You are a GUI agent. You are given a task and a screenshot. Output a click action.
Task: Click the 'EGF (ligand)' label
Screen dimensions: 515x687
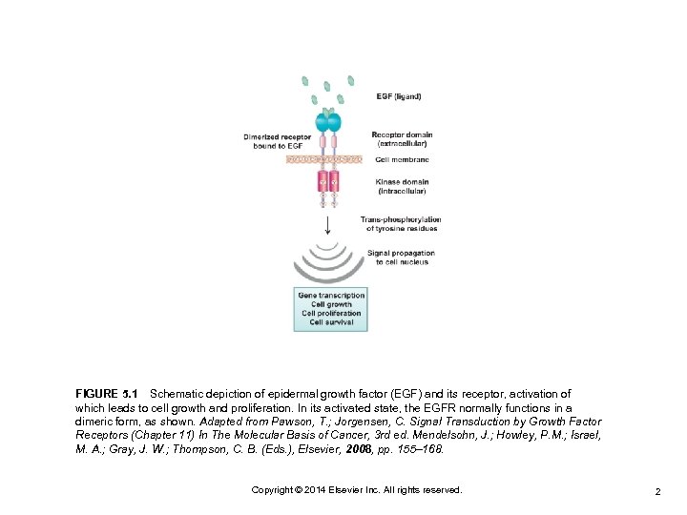398,96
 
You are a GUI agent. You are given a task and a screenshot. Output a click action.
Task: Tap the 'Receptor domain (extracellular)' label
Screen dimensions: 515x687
401,139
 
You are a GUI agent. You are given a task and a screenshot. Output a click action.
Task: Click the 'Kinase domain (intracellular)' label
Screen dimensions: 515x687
401,186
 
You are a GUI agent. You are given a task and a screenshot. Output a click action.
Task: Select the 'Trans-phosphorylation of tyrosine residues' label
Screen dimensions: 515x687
401,224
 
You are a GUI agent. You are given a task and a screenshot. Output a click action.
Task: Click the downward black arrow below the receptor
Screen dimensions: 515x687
328,224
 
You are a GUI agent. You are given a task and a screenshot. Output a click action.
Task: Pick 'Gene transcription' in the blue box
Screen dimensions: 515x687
331,296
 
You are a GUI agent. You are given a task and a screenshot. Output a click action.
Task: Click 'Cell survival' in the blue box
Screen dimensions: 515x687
331,322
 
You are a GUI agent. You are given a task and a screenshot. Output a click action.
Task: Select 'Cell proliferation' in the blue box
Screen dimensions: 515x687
331,314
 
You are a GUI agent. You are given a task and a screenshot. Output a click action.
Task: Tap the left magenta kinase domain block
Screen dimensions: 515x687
323,180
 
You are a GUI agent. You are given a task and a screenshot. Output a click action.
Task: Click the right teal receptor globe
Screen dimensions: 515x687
334,122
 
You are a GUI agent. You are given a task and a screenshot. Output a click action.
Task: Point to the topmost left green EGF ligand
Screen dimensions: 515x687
305,82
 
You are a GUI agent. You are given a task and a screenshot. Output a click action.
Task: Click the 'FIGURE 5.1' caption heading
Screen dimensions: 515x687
107,394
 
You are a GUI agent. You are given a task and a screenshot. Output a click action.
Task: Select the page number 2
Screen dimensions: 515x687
658,490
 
